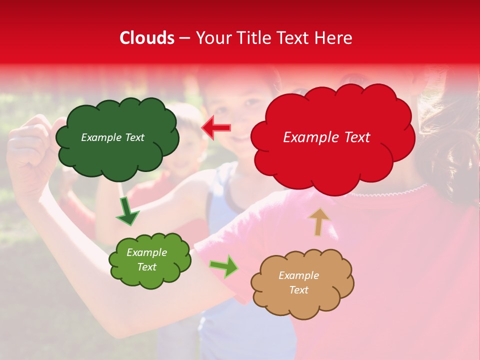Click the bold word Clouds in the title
pyautogui.click(x=147, y=38)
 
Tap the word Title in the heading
pyautogui.click(x=253, y=38)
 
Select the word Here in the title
pyautogui.click(x=334, y=38)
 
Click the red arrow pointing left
pyautogui.click(x=216, y=127)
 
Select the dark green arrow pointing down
pyautogui.click(x=127, y=212)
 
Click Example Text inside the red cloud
pyautogui.click(x=326, y=137)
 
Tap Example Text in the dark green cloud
pyautogui.click(x=112, y=137)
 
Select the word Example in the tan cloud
pyautogui.click(x=298, y=275)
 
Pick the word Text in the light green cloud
pyautogui.click(x=147, y=267)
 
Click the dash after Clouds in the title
pyautogui.click(x=184, y=38)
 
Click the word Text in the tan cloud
pyautogui.click(x=298, y=290)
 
